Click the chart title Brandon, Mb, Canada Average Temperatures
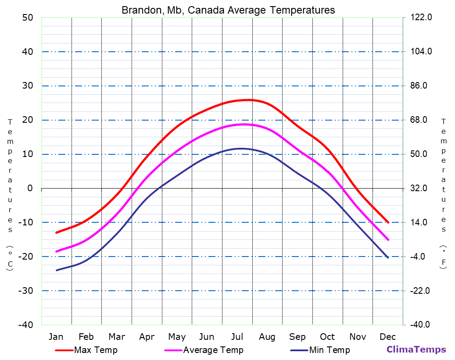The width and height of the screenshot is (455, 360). pos(228,10)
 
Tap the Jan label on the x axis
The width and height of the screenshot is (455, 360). pos(56,337)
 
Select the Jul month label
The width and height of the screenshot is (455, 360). pos(237,337)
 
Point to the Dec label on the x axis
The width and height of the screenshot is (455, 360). pos(388,337)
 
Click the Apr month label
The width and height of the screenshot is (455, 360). pos(147,337)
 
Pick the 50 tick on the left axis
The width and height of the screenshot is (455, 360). pos(28,18)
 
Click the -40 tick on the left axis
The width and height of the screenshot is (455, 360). pos(25,325)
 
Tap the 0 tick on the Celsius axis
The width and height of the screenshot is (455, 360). pos(30,188)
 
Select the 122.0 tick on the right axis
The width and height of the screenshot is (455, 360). pos(422,18)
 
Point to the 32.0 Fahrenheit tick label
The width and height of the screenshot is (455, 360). pos(422,188)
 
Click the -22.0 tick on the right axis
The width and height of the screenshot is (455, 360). pos(422,291)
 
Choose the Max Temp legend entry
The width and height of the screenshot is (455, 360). pos(96,350)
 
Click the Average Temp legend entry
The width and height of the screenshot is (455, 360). pos(213,350)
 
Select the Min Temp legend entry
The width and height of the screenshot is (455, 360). pos(329,350)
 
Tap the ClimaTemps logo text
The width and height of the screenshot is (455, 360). pos(416,349)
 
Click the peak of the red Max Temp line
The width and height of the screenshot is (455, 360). pos(248,100)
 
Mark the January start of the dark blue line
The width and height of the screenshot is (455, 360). pos(57,270)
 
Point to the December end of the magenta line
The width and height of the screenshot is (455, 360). pos(388,239)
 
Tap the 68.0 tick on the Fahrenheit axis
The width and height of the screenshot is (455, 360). pos(422,120)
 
